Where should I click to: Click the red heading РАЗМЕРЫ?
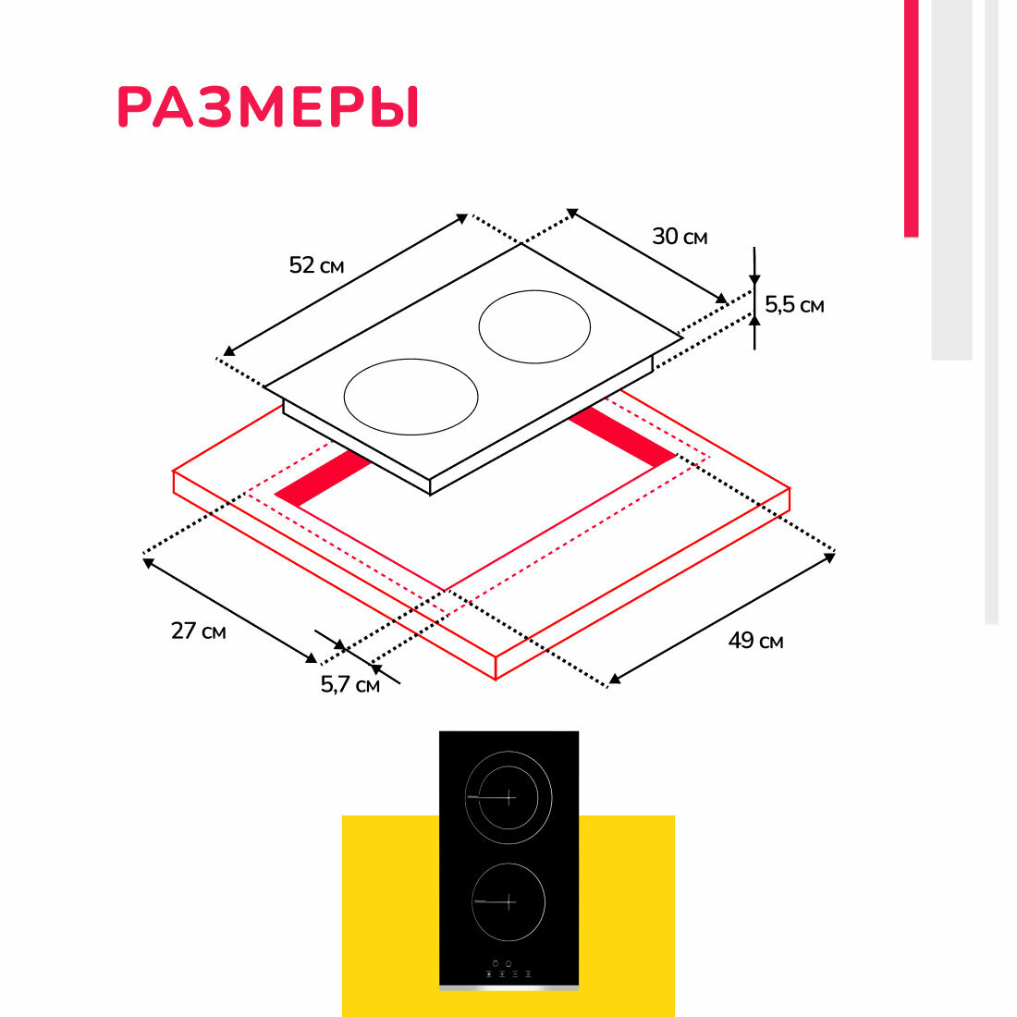pyautogui.click(x=268, y=107)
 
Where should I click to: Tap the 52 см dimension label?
pyautogui.click(x=316, y=265)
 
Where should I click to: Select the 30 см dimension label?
pyautogui.click(x=680, y=237)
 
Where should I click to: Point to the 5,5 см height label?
pyautogui.click(x=794, y=304)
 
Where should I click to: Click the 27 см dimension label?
pyautogui.click(x=198, y=631)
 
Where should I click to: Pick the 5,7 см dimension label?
pyautogui.click(x=349, y=685)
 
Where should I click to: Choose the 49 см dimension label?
pyautogui.click(x=755, y=640)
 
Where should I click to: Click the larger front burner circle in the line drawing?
pyautogui.click(x=410, y=397)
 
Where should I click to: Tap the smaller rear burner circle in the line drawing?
pyautogui.click(x=534, y=328)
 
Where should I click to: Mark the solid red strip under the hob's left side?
pyautogui.click(x=323, y=478)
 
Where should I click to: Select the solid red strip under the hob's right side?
pyautogui.click(x=622, y=436)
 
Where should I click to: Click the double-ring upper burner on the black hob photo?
pyautogui.click(x=508, y=797)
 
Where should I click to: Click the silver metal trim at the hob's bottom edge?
pyautogui.click(x=508, y=987)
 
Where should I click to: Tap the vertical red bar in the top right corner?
pyautogui.click(x=911, y=118)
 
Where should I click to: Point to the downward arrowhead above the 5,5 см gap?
pyautogui.click(x=754, y=279)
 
